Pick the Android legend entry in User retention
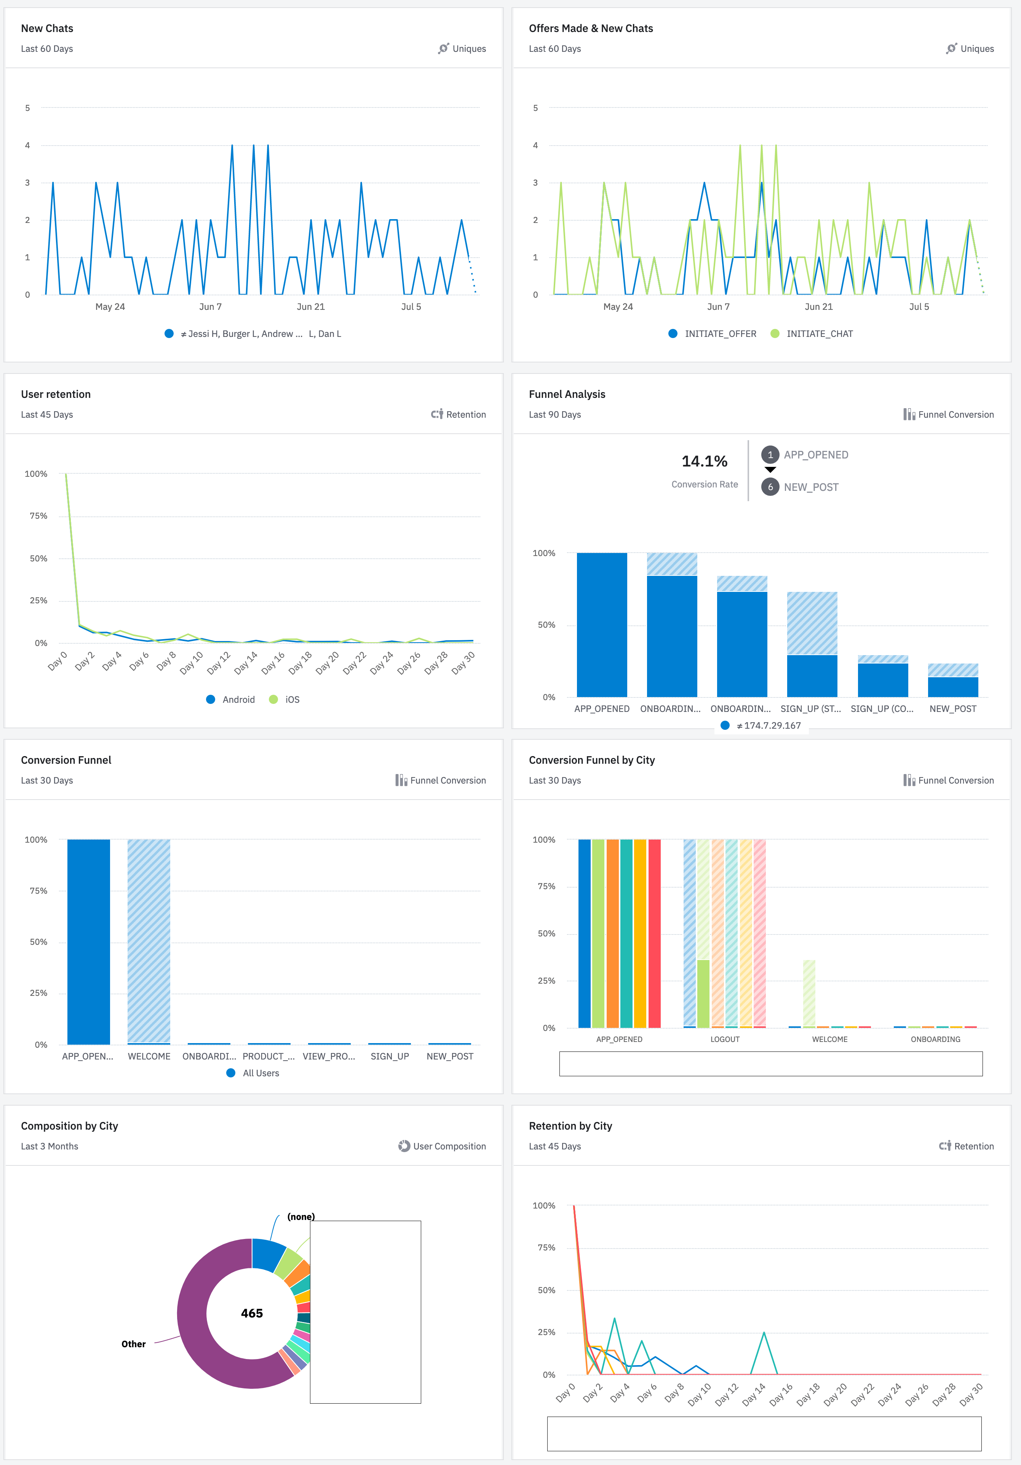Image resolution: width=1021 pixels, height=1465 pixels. click(x=238, y=699)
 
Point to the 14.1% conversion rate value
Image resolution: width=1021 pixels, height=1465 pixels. click(x=704, y=461)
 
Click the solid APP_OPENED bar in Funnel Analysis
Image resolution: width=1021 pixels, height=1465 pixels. click(x=601, y=625)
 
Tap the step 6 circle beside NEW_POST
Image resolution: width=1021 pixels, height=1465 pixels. click(x=770, y=487)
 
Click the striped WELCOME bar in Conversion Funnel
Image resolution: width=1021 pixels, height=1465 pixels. click(x=149, y=941)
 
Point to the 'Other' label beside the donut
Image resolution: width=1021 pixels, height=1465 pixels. click(x=133, y=1344)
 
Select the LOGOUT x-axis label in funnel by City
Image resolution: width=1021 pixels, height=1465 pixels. click(x=724, y=1039)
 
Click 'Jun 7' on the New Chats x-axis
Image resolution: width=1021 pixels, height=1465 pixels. click(x=211, y=307)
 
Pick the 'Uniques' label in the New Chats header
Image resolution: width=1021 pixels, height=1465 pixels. click(x=469, y=48)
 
